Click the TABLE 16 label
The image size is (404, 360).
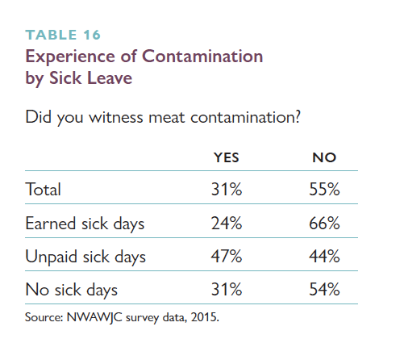tap(63, 35)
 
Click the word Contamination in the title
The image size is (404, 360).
tap(202, 57)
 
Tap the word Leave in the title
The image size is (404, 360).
tap(110, 78)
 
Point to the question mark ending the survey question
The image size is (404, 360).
tap(297, 117)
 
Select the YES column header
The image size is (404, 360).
tap(227, 157)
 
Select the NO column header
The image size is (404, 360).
tap(324, 157)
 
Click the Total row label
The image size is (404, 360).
tap(43, 189)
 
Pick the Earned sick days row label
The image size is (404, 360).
tap(85, 224)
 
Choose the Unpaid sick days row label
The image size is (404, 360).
tap(85, 257)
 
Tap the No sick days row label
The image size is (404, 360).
tap(72, 290)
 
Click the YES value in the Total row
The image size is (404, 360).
tap(227, 189)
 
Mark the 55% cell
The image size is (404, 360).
tap(324, 189)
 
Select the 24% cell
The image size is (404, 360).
tap(227, 224)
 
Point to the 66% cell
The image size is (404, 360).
tap(324, 224)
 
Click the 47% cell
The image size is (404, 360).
tap(227, 256)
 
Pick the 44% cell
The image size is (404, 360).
tap(324, 256)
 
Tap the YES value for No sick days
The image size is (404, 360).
tap(227, 290)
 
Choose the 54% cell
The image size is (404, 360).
tap(324, 290)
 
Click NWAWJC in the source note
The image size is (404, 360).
tap(94, 317)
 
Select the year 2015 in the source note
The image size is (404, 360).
tap(204, 317)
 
